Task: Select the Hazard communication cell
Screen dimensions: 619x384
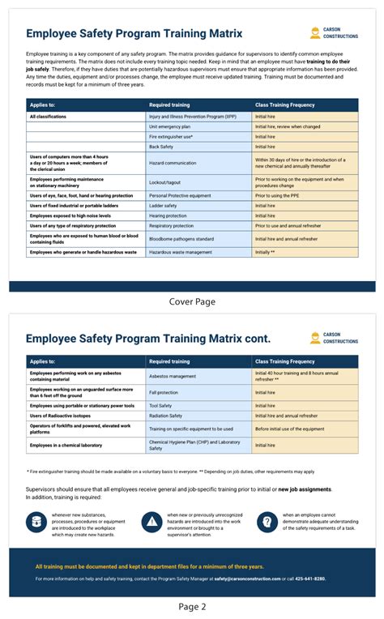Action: click(173, 163)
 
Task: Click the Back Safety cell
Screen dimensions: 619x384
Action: click(160, 147)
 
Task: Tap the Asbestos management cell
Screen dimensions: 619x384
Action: click(173, 377)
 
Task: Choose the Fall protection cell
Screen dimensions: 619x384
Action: click(164, 392)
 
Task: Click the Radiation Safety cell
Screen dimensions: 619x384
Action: click(166, 416)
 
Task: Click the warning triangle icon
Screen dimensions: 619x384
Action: click(151, 522)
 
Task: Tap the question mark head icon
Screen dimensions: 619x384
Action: click(267, 522)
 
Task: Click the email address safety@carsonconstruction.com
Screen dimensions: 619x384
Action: click(247, 579)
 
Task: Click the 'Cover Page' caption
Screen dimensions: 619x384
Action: click(192, 301)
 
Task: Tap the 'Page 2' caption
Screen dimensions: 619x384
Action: click(192, 606)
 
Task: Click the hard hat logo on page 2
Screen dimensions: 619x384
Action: click(314, 338)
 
